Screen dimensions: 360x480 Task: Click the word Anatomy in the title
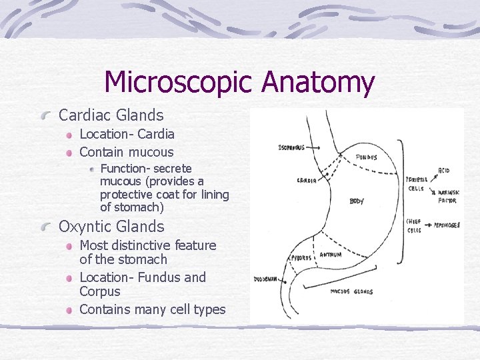point(318,83)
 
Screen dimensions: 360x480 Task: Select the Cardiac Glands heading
point(111,115)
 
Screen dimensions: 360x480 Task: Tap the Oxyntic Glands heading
point(111,227)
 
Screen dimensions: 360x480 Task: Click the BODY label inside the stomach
point(356,201)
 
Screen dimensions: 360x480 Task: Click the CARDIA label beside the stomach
point(307,180)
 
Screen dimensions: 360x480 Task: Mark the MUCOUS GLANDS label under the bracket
point(351,291)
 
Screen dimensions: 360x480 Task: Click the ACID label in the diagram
point(444,171)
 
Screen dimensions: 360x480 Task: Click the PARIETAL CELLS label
point(415,184)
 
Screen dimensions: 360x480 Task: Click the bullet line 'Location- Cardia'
point(127,134)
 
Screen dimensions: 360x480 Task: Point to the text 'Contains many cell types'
point(152,309)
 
